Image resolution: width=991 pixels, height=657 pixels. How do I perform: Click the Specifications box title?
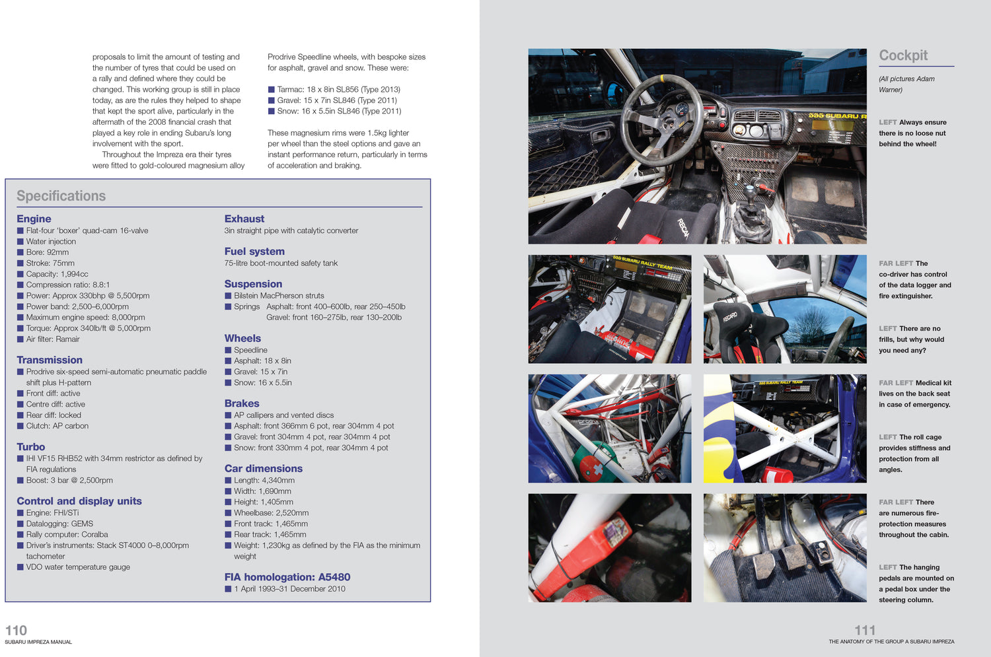click(61, 196)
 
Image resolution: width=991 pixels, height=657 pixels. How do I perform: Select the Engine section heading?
click(34, 219)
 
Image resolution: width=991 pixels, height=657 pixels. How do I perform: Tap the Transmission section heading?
click(50, 360)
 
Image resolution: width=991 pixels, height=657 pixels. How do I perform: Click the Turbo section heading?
click(30, 447)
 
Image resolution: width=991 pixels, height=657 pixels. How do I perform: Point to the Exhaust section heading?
click(244, 219)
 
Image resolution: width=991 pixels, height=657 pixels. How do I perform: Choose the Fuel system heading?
click(254, 252)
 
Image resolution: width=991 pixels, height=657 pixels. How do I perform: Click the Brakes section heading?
click(242, 403)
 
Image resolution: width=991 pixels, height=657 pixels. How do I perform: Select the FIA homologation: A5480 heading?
click(287, 577)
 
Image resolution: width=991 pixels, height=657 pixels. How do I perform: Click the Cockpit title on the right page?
click(903, 55)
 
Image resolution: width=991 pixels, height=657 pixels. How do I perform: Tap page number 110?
click(16, 631)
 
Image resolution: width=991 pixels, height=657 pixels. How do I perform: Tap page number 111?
click(865, 631)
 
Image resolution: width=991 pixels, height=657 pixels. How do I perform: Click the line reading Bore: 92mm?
click(47, 252)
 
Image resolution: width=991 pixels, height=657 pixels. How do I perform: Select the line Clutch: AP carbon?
click(57, 426)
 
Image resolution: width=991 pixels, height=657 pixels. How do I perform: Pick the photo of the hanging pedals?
click(785, 547)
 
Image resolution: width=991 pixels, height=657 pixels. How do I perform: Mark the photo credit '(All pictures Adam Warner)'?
click(906, 84)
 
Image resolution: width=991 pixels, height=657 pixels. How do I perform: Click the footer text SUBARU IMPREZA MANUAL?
click(38, 642)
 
